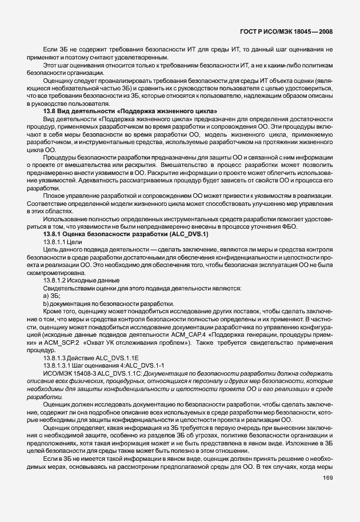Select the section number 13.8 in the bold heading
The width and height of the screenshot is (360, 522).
click(50, 110)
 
